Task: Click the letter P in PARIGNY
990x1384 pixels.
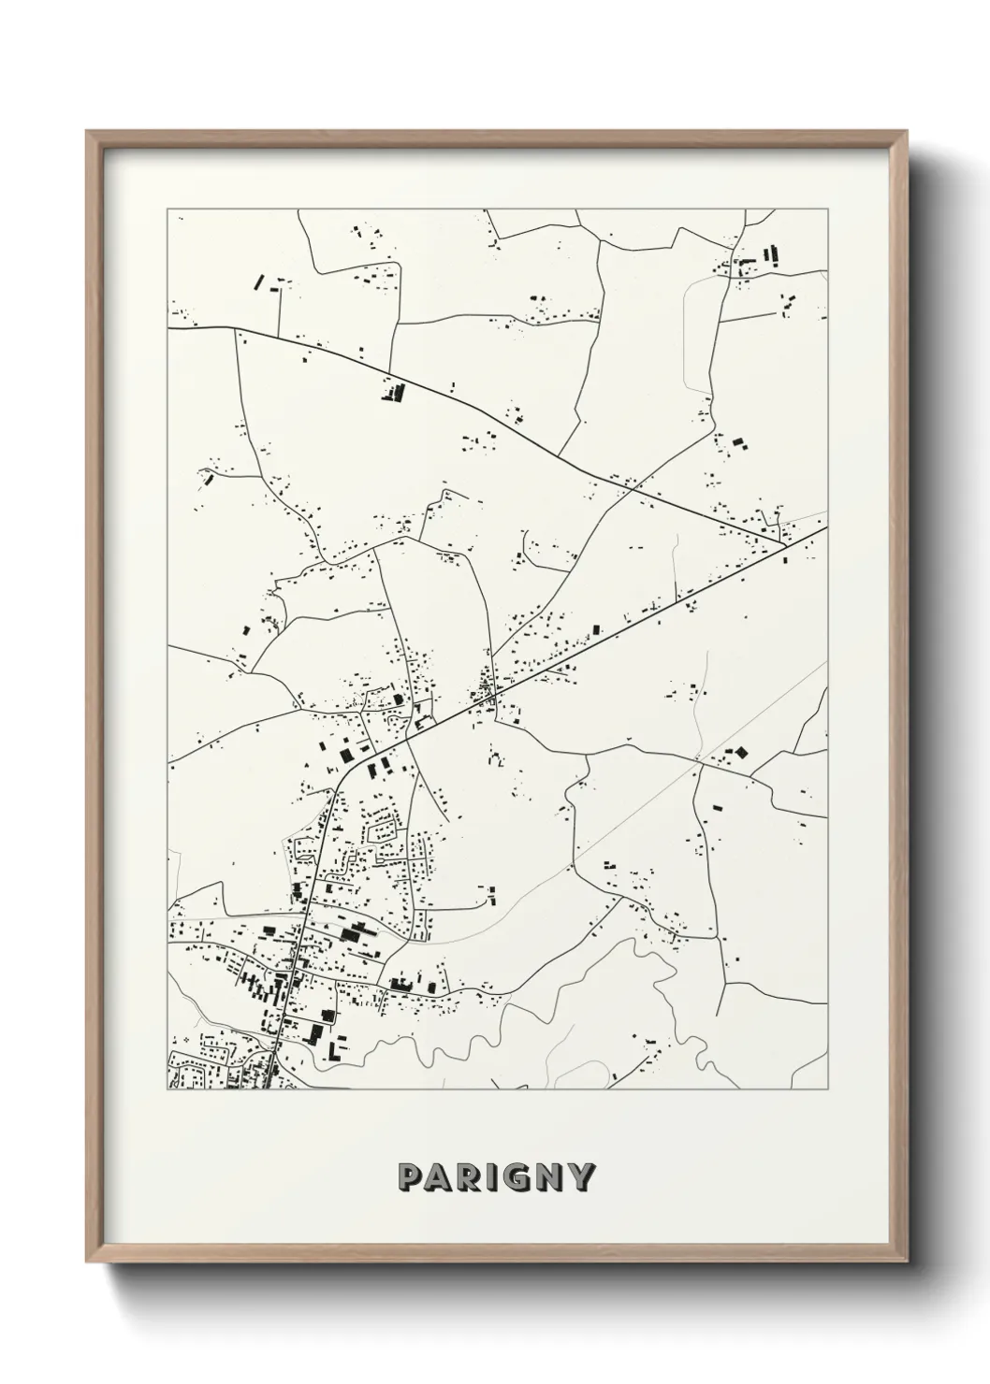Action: [x=410, y=1176]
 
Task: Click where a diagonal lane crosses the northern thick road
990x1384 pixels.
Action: [x=633, y=486]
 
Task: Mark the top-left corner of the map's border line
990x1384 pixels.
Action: [x=167, y=209]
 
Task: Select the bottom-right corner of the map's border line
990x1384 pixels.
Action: [x=827, y=1089]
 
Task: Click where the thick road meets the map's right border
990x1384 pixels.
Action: [x=827, y=526]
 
